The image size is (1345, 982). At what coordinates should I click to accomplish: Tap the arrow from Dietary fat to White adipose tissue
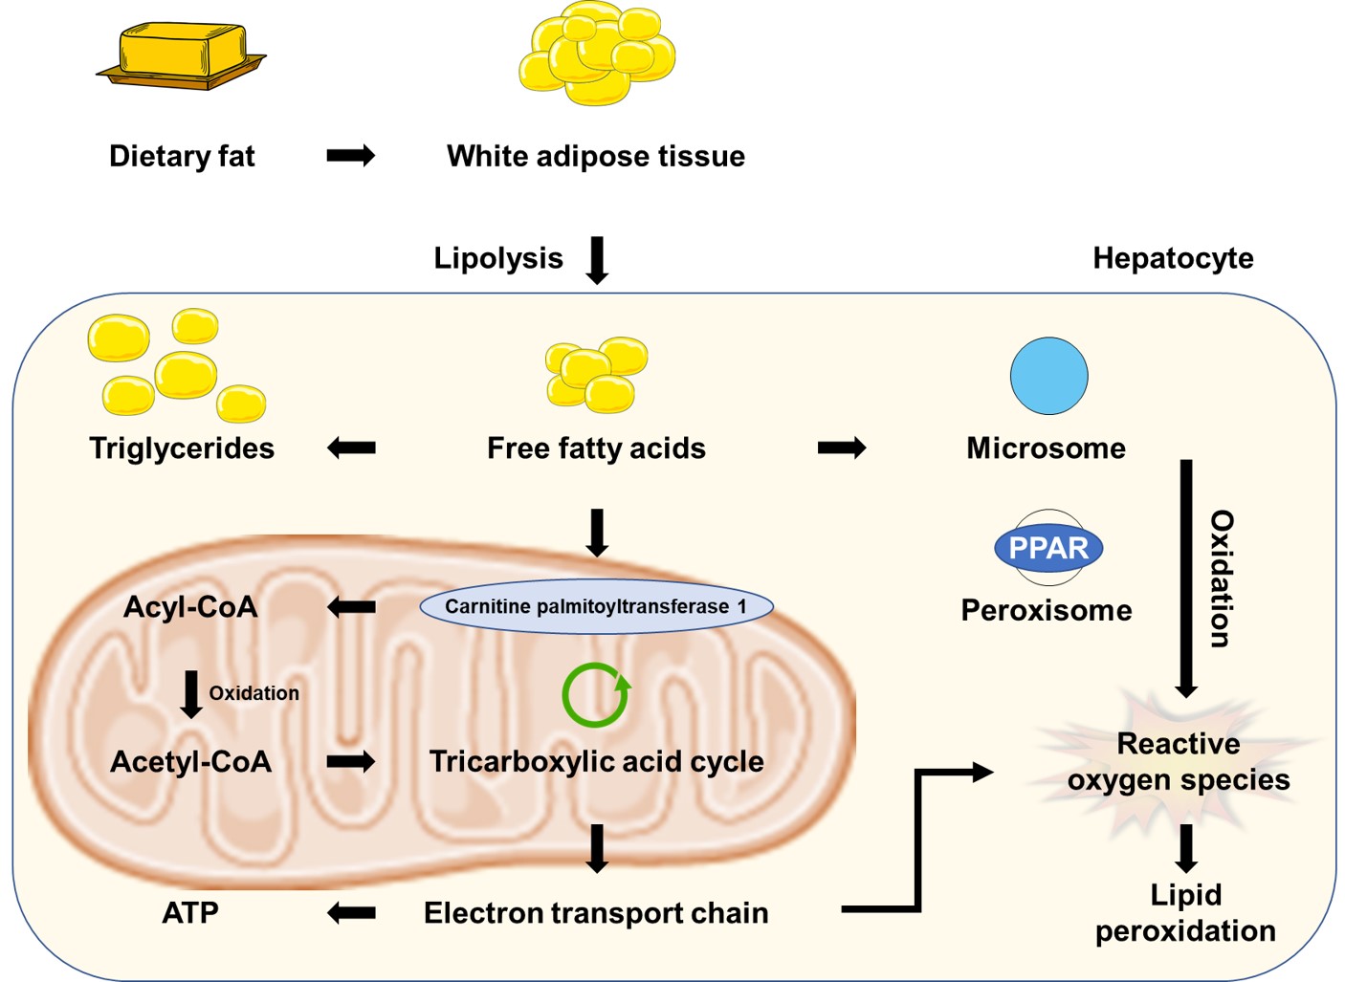(350, 156)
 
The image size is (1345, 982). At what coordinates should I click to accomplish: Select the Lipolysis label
(498, 258)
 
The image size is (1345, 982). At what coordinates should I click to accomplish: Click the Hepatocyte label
(1173, 258)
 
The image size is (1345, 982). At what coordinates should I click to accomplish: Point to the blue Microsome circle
(1048, 376)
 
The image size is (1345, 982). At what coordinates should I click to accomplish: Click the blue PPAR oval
(1048, 548)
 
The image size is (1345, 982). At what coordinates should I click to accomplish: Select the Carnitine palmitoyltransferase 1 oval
(595, 606)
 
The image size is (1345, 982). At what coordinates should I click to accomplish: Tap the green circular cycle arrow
(596, 695)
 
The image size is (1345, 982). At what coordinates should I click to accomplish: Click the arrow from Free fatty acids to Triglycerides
(351, 447)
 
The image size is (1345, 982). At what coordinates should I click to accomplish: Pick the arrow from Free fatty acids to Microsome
(842, 447)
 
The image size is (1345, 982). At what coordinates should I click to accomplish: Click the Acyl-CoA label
(190, 606)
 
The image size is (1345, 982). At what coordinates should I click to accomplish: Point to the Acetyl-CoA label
(190, 761)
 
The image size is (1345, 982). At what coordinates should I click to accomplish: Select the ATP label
(190, 913)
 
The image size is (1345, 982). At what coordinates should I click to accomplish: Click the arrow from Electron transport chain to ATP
(351, 913)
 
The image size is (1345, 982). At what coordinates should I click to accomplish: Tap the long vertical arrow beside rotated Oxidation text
(1186, 578)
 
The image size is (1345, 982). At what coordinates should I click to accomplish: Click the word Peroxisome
(1047, 610)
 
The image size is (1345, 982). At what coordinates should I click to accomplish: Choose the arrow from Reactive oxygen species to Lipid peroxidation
(1186, 848)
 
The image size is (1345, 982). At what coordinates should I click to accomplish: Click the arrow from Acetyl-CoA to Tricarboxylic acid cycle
(351, 761)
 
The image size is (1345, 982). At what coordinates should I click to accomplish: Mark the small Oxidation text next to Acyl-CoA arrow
(254, 693)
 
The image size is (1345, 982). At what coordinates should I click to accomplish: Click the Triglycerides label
(182, 447)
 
